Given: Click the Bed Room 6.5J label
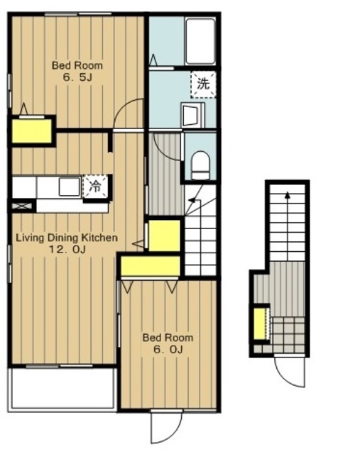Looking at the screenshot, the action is tap(77, 71).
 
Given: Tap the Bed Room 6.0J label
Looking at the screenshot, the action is tap(168, 343).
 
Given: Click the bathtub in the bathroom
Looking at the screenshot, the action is tap(200, 41).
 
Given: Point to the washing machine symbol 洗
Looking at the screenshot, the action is tap(203, 84).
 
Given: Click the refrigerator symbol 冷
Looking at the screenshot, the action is tap(94, 186).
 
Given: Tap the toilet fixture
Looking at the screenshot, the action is tap(200, 165).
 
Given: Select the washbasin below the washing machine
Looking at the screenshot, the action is tap(192, 115).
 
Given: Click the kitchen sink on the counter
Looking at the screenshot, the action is tap(70, 187).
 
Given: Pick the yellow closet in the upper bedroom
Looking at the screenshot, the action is tap(32, 131).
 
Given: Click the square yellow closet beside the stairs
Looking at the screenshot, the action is tap(164, 235).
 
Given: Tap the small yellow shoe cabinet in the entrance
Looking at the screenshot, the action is tap(261, 324).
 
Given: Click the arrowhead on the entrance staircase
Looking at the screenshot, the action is tap(288, 195).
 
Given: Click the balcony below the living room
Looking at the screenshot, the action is tap(62, 389).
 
